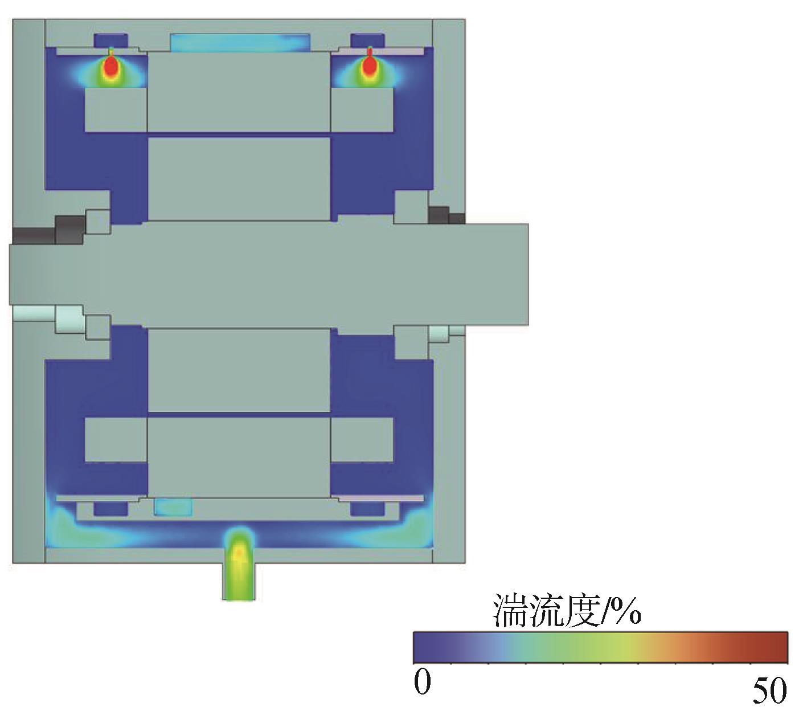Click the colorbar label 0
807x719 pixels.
click(x=423, y=681)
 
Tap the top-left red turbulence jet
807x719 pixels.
click(x=111, y=65)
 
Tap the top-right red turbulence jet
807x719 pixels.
click(x=370, y=65)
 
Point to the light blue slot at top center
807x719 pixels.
click(x=240, y=43)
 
